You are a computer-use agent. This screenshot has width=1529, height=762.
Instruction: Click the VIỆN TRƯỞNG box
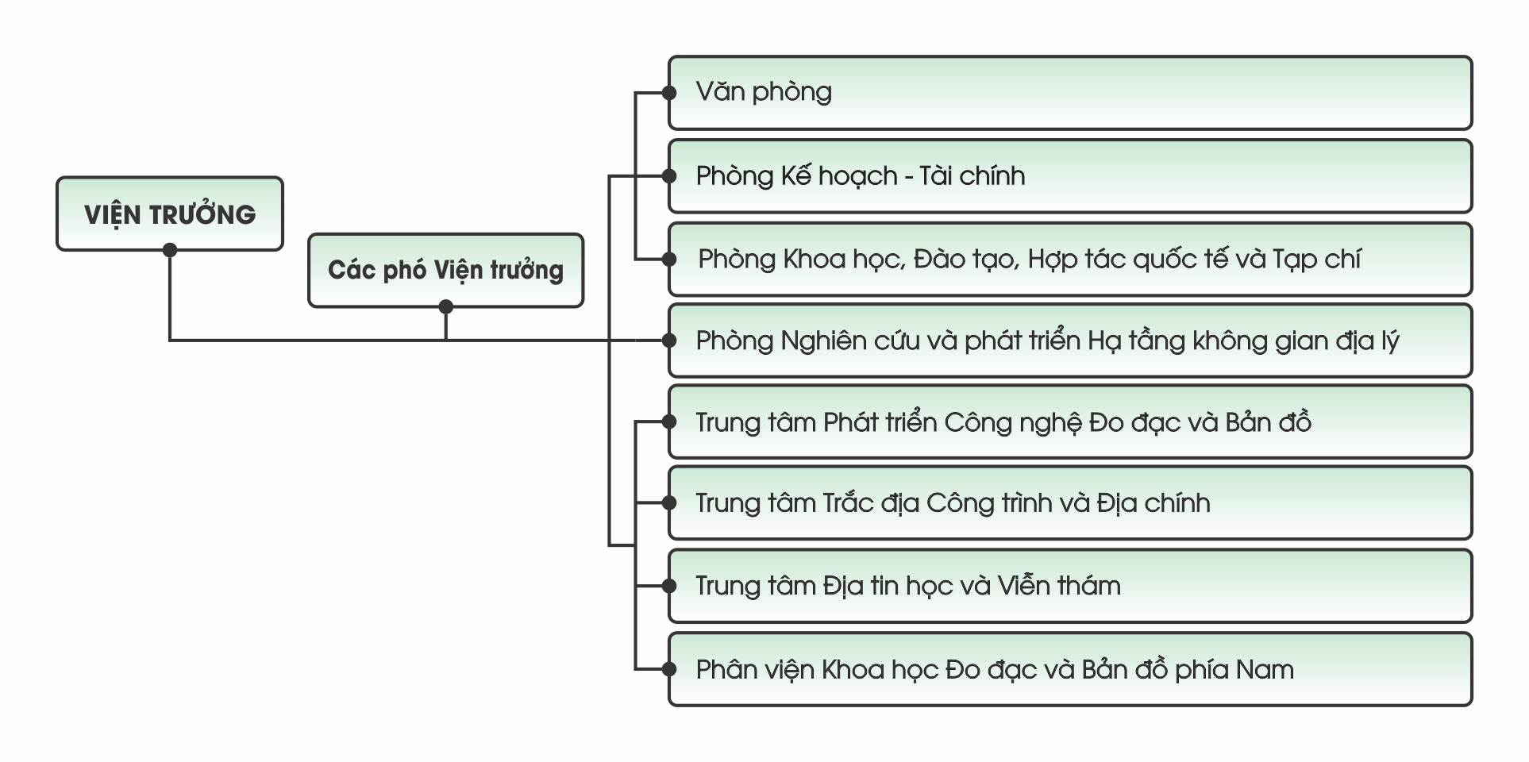click(x=169, y=214)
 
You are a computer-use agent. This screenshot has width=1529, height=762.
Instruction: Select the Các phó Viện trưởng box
click(x=445, y=270)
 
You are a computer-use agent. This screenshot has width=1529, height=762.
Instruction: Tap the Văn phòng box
click(x=1070, y=93)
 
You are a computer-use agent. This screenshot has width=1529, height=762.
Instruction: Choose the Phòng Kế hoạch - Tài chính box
click(x=1070, y=176)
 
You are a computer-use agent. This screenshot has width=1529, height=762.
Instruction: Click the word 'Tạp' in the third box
click(x=1293, y=260)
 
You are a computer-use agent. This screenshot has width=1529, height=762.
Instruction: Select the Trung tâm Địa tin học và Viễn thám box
click(x=1070, y=586)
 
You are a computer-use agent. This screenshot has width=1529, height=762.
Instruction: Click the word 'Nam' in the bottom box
click(x=1264, y=670)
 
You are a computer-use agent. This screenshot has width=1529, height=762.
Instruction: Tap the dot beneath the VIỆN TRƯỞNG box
click(x=169, y=250)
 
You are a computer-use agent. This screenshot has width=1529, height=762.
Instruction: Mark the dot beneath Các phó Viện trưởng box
click(x=445, y=306)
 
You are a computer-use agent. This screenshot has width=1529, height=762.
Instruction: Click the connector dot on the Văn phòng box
click(x=669, y=93)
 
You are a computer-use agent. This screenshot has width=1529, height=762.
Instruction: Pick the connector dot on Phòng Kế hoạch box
click(x=669, y=176)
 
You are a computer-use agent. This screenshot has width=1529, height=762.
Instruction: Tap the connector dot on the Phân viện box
click(x=669, y=669)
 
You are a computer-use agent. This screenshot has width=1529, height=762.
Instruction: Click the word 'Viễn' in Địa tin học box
click(x=1024, y=586)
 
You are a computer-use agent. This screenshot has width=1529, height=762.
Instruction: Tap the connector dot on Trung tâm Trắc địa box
click(x=669, y=503)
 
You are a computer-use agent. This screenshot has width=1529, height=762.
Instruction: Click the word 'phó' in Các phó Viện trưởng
click(x=406, y=271)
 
